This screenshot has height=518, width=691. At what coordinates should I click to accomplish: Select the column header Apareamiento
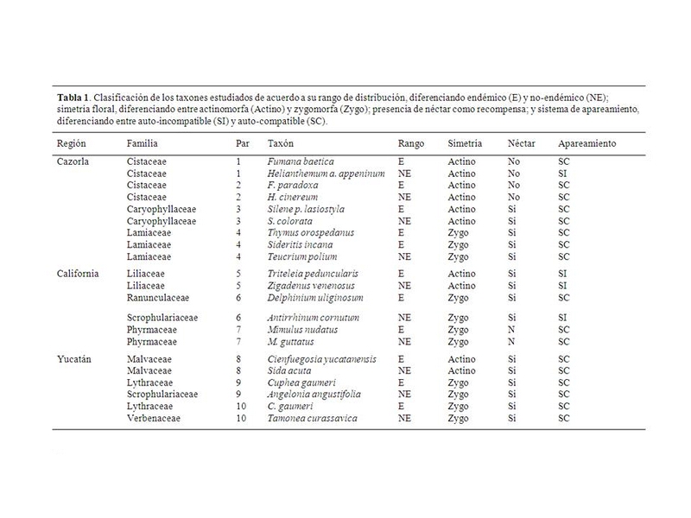pyautogui.click(x=587, y=142)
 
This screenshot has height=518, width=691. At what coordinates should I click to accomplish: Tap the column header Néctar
pyautogui.click(x=522, y=142)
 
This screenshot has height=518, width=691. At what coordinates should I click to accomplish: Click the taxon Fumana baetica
pyautogui.click(x=301, y=161)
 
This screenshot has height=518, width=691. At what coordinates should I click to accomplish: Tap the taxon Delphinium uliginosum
pyautogui.click(x=314, y=298)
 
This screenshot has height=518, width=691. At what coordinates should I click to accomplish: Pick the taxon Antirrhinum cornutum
pyautogui.click(x=312, y=318)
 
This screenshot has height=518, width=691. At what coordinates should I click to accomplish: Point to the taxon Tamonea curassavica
pyautogui.click(x=312, y=419)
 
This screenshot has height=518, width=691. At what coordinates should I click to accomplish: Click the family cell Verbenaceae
pyautogui.click(x=153, y=419)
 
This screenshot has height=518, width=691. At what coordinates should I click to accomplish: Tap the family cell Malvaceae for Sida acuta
pyautogui.click(x=148, y=370)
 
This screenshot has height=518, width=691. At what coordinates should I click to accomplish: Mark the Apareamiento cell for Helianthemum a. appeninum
pyautogui.click(x=563, y=174)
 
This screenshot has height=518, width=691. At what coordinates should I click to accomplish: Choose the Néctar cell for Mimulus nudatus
pyautogui.click(x=511, y=330)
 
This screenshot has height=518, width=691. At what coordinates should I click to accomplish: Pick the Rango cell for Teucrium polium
pyautogui.click(x=404, y=257)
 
